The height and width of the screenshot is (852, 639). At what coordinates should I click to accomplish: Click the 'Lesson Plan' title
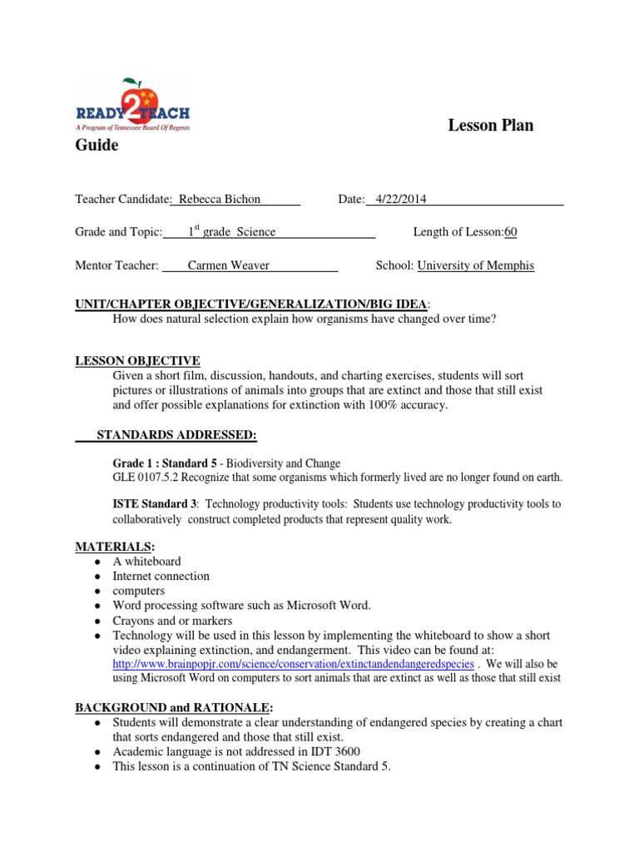click(x=490, y=126)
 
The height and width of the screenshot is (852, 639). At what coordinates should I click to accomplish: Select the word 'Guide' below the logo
click(x=97, y=146)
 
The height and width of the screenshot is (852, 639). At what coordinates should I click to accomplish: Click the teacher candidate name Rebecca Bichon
click(x=217, y=200)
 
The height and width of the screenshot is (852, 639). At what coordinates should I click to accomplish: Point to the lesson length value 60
click(x=511, y=233)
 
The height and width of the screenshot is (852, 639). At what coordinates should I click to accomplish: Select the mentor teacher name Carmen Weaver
click(x=228, y=266)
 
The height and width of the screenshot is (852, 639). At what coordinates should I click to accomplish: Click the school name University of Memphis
click(x=475, y=266)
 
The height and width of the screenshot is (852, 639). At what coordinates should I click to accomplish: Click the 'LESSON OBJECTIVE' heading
click(x=137, y=360)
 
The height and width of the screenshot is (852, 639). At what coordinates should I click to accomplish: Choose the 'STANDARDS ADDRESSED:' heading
click(x=177, y=434)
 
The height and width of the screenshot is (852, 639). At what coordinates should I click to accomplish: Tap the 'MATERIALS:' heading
click(x=104, y=547)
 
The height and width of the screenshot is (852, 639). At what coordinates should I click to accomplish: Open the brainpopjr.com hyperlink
click(x=294, y=665)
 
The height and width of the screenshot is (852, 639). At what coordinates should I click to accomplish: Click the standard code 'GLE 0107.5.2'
click(x=146, y=478)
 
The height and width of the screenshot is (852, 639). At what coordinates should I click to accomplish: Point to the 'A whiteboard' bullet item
click(x=146, y=562)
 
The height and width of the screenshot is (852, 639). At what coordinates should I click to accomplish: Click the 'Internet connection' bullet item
click(x=161, y=576)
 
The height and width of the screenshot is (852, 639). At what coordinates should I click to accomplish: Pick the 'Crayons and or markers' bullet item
click(x=172, y=621)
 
